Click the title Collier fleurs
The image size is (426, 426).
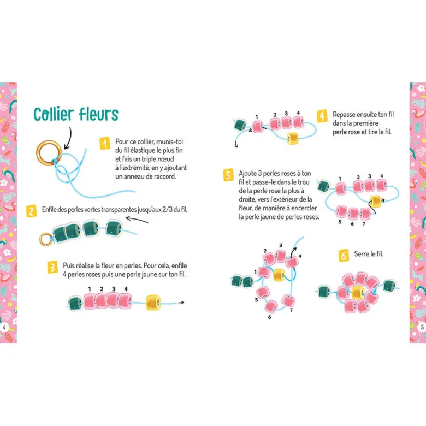click(x=76, y=114)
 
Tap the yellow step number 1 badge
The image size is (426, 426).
click(x=105, y=143)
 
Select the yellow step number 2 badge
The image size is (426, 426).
click(x=31, y=211)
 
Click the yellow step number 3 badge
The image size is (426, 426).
click(x=52, y=267)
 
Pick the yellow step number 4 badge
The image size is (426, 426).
click(x=322, y=116)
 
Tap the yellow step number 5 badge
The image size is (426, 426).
click(x=228, y=175)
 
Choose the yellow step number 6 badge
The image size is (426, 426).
click(x=344, y=256)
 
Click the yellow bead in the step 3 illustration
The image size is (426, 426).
click(x=153, y=303)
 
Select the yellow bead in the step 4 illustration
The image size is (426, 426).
click(x=293, y=138)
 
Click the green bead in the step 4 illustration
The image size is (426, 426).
click(x=240, y=125)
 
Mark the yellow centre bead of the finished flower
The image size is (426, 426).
click(x=358, y=293)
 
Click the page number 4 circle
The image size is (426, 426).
click(x=4, y=327)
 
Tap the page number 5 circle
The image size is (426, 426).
click(x=422, y=327)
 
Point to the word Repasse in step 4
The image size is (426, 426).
click(x=344, y=115)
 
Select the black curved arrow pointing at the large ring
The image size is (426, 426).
click(x=70, y=139)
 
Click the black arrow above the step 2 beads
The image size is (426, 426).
click(x=137, y=220)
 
